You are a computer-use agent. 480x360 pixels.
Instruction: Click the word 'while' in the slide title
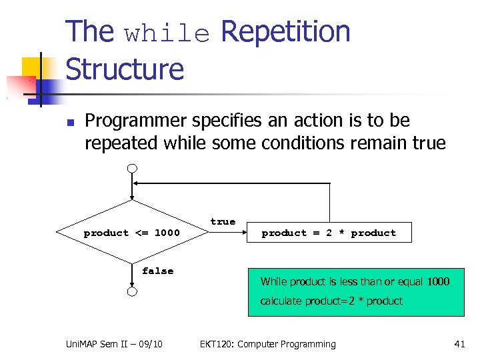167,34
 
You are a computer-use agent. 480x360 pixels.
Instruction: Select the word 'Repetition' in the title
285,32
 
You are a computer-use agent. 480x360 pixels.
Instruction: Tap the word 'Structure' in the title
125,69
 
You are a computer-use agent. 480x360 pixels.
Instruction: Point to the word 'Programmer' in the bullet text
136,121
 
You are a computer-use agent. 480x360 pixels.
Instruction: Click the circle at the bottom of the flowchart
133,292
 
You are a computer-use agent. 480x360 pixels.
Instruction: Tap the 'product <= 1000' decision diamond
132,233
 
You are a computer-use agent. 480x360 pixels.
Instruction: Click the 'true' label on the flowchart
223,221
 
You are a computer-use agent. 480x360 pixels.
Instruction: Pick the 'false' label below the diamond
157,271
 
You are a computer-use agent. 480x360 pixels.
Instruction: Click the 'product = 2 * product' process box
329,233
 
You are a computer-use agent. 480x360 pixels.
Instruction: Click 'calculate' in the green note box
281,301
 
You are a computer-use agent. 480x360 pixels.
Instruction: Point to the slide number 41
459,344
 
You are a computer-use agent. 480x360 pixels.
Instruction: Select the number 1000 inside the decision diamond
167,233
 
